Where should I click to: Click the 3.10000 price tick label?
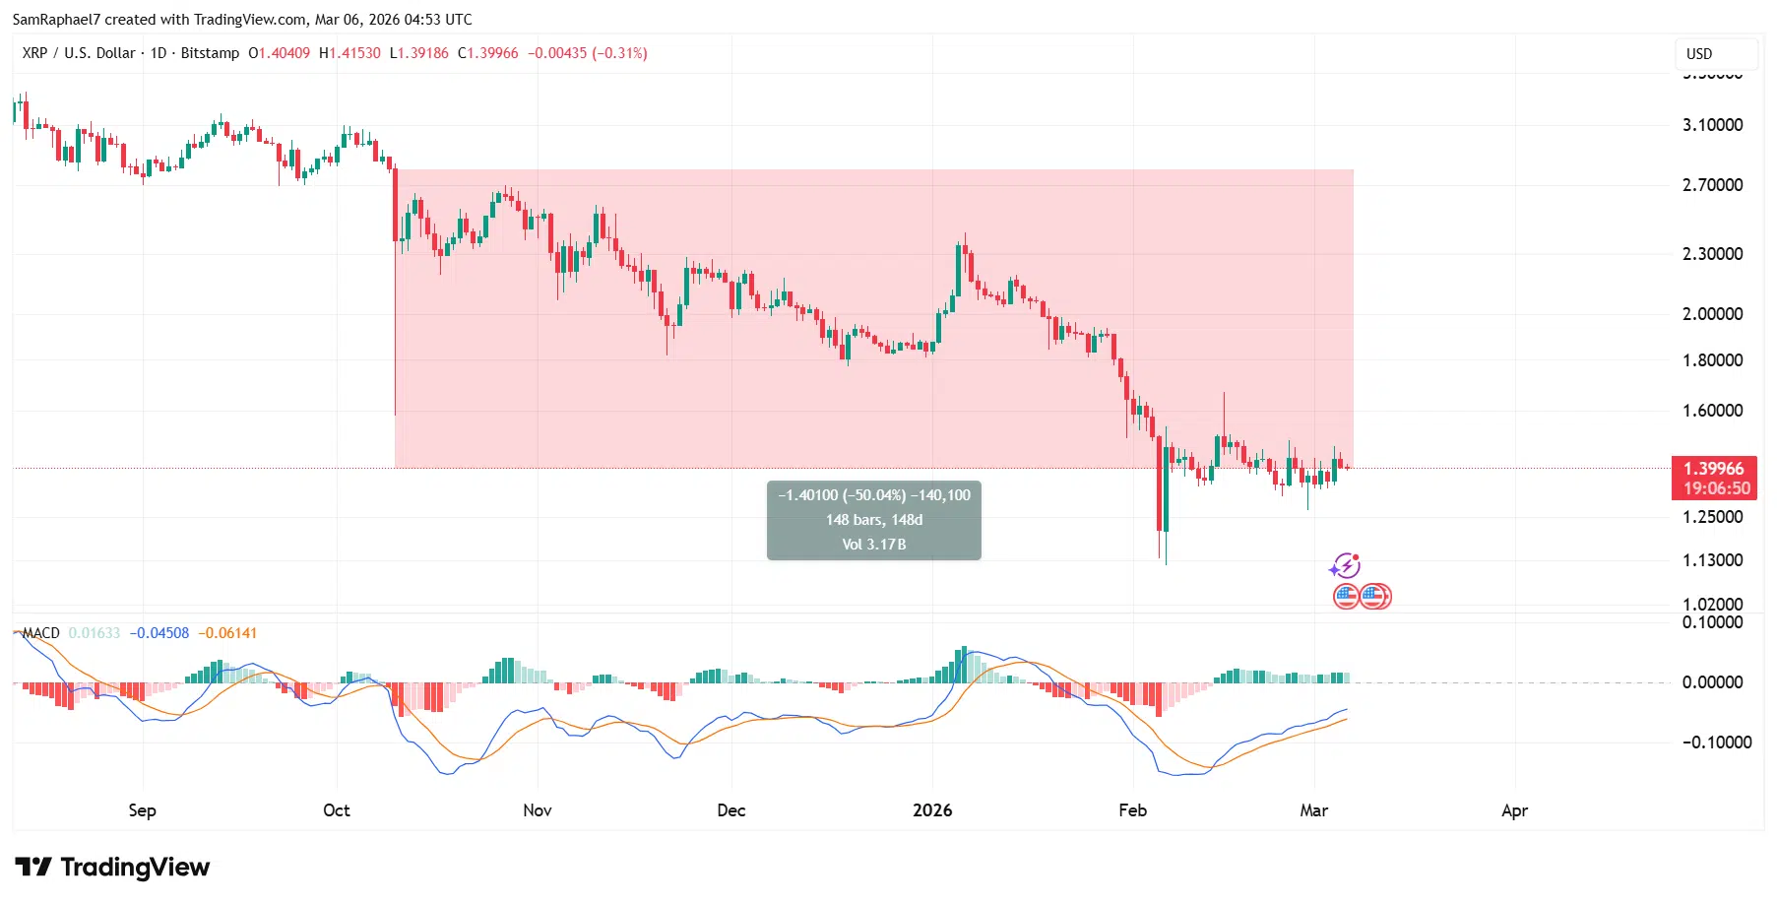[x=1712, y=125]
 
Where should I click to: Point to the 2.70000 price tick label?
[x=1712, y=185]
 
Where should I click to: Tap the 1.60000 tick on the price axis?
[x=1712, y=411]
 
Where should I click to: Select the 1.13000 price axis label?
[x=1712, y=560]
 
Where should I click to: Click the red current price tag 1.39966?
[x=1713, y=469]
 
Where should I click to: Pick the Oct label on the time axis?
[x=337, y=810]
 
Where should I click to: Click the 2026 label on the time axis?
[x=932, y=810]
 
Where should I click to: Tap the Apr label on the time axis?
[x=1514, y=810]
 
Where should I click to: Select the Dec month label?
[x=731, y=810]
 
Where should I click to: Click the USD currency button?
[x=1699, y=54]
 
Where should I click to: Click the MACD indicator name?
[x=41, y=633]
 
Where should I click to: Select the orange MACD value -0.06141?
[x=227, y=633]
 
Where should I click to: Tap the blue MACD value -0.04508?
[x=159, y=633]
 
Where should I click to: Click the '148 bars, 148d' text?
[x=874, y=520]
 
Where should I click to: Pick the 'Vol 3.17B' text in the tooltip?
[x=874, y=545]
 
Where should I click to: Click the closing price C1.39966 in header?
[x=488, y=53]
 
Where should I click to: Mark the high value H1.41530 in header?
[x=349, y=53]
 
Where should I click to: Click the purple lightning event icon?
[x=1345, y=566]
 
